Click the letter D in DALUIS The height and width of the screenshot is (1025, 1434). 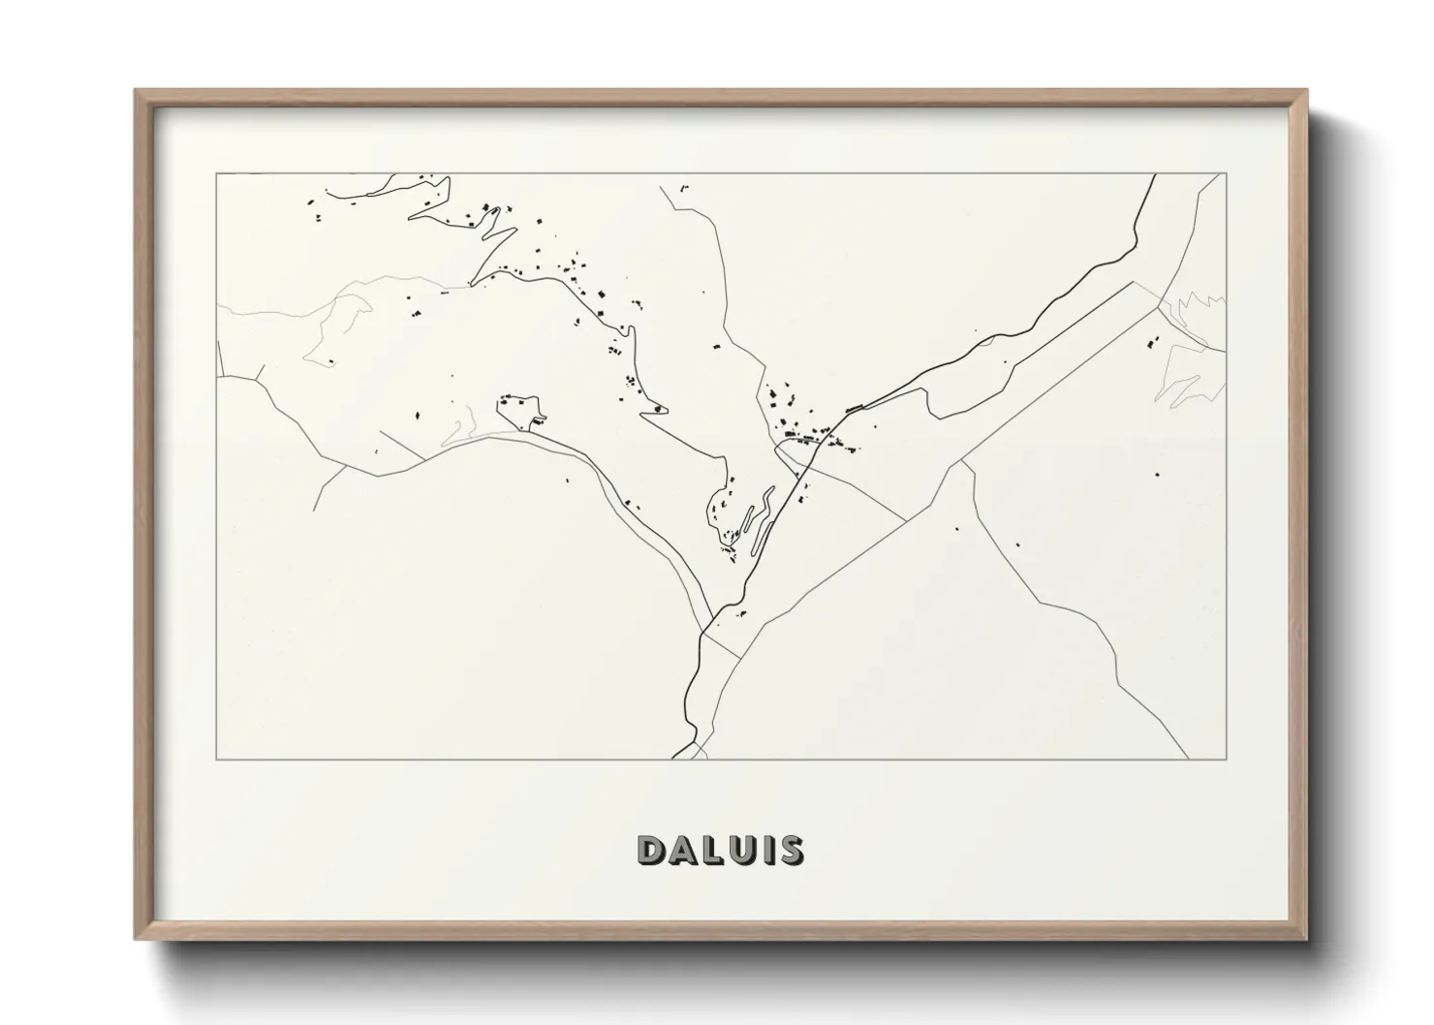pos(652,850)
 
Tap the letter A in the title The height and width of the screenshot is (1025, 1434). pos(681,850)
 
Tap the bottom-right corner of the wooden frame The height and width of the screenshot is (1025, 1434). pos(1305,939)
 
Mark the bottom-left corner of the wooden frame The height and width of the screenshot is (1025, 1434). pos(136,939)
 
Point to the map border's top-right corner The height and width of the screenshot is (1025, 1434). pos(1226,173)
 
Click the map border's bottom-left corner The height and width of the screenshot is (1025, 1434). pos(216,759)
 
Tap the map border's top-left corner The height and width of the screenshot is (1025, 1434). pos(216,173)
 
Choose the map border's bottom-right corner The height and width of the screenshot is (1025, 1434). pos(1226,759)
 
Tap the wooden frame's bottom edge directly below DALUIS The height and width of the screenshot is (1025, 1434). pos(720,938)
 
